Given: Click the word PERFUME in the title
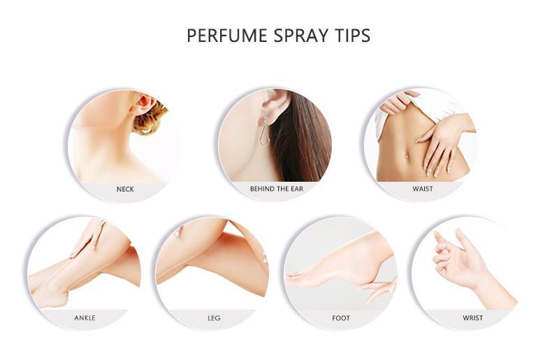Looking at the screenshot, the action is pos(226,36).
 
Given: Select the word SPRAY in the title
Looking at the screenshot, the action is pos(301,36).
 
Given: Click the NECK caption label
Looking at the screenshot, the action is pos(125,189).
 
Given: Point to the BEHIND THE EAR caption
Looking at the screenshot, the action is pos(276,189).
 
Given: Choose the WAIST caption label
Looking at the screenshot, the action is pos(423,189).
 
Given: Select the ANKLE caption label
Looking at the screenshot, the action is pos(85,318).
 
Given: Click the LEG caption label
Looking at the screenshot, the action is pos(214,318).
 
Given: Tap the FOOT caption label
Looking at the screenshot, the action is pos(341,318).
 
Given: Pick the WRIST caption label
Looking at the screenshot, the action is pos(473,318).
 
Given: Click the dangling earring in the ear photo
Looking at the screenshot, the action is pos(265,131).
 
